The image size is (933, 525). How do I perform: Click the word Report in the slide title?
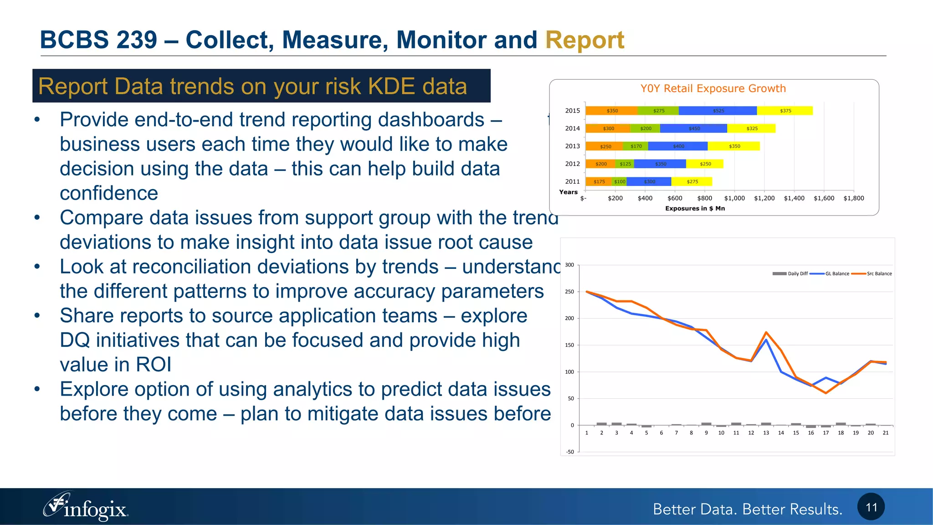[x=584, y=40]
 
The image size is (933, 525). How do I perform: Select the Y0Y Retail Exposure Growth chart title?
[x=713, y=88]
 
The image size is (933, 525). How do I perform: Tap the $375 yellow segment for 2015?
[x=785, y=111]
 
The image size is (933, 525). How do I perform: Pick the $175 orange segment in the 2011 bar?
[x=599, y=182]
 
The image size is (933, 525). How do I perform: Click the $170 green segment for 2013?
[x=636, y=146]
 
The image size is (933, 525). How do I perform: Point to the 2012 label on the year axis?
[x=572, y=164]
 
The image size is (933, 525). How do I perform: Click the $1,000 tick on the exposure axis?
[x=734, y=198]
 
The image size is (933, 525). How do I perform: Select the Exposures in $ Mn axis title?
[x=695, y=209]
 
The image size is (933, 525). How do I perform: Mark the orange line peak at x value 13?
[x=766, y=332]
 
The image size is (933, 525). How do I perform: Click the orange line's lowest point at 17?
[x=826, y=393]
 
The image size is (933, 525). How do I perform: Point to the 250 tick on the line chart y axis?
[x=569, y=292]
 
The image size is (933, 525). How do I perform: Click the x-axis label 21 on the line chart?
[x=886, y=433]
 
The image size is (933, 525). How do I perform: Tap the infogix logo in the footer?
[x=86, y=507]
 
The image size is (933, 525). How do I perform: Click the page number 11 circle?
[x=871, y=507]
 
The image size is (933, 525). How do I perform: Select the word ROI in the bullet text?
[x=154, y=365]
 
